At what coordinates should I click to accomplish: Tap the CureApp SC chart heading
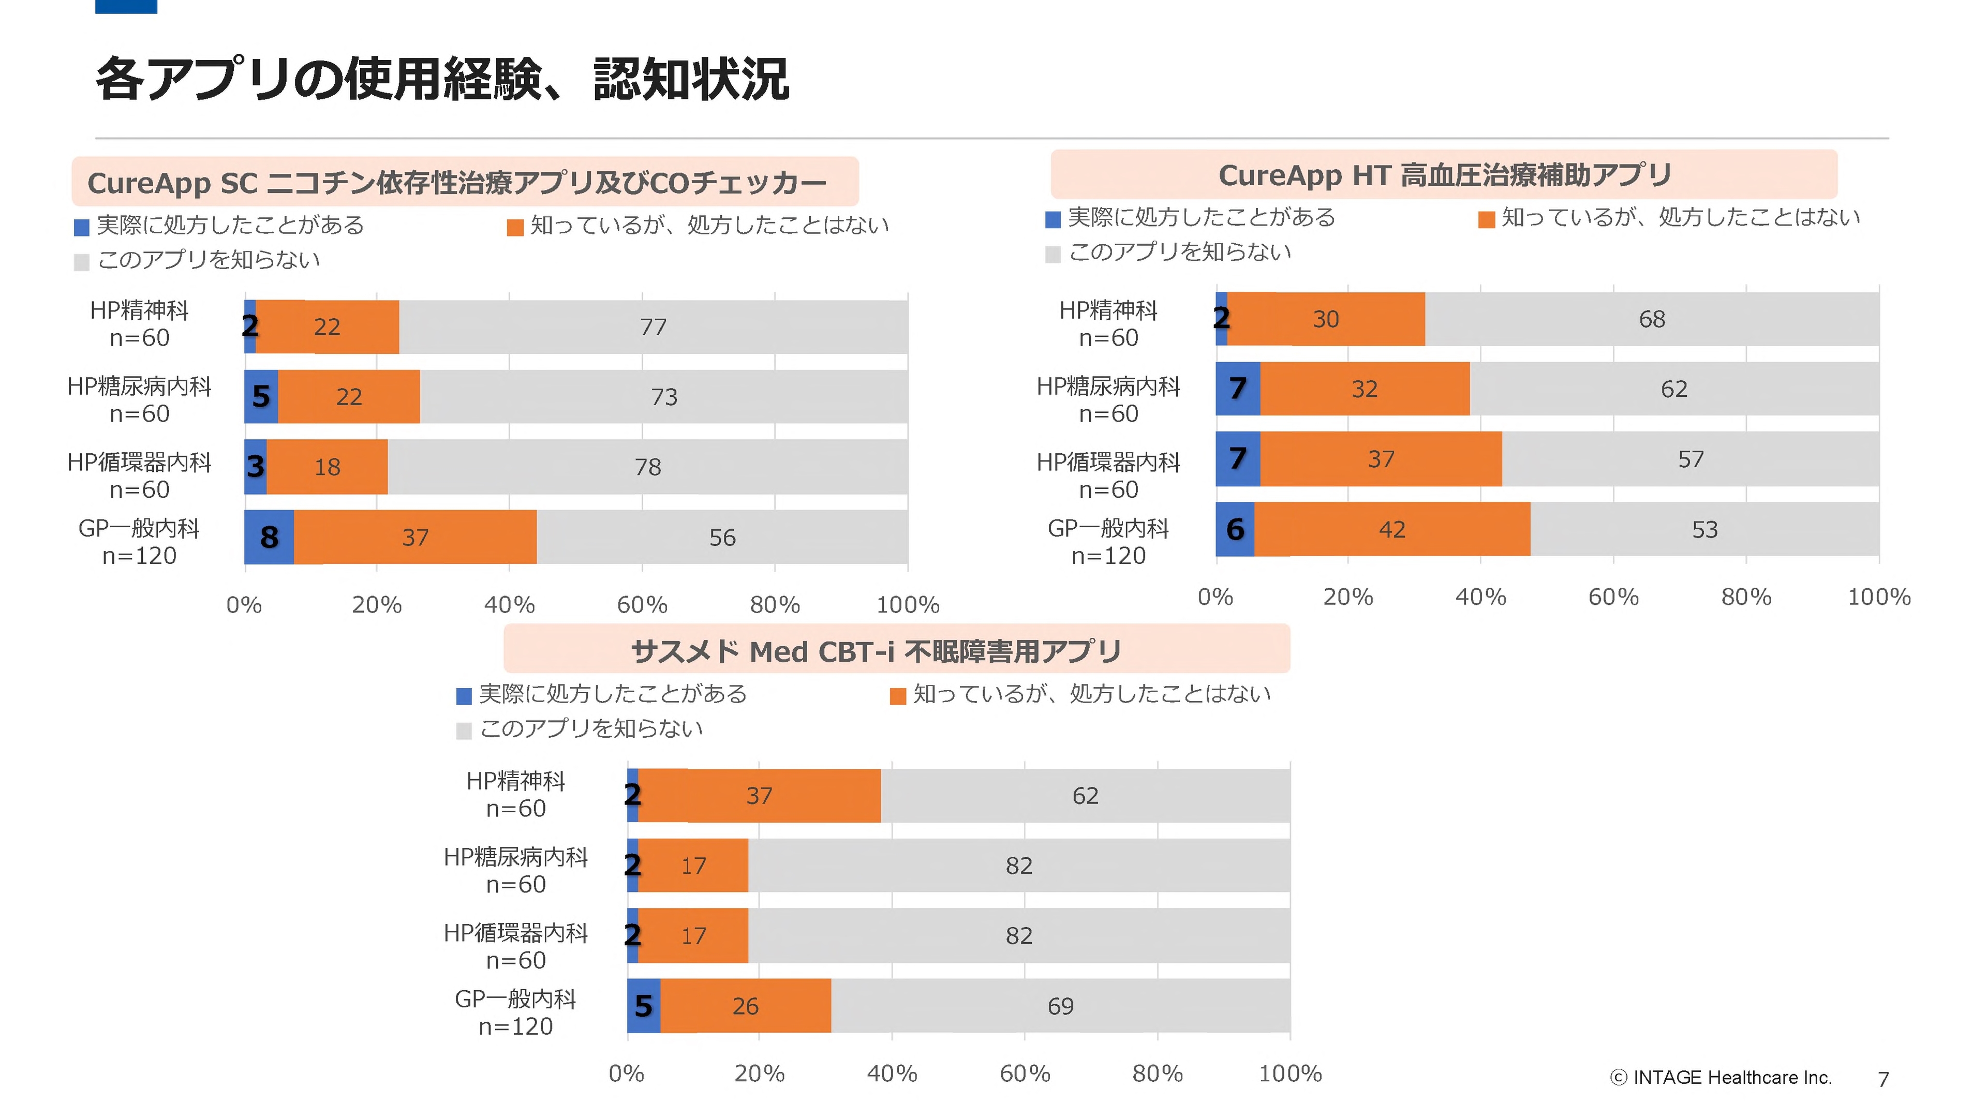[456, 183]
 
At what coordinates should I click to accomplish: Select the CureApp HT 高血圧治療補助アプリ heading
[1444, 175]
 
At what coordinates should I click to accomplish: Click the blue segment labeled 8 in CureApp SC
[269, 537]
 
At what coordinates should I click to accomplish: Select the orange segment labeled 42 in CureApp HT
[1391, 529]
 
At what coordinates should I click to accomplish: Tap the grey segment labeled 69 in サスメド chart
[1060, 1006]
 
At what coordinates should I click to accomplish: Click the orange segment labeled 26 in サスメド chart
[745, 1006]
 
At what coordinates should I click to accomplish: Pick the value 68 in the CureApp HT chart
[1652, 319]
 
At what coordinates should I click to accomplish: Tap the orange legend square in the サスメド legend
[897, 696]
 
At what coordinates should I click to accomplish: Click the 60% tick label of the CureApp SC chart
[642, 605]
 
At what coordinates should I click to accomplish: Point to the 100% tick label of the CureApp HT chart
[1879, 597]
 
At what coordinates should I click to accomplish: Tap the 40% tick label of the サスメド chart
[892, 1074]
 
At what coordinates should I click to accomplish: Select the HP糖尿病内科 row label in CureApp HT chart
[1108, 399]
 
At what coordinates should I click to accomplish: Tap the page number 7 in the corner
[1883, 1079]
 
